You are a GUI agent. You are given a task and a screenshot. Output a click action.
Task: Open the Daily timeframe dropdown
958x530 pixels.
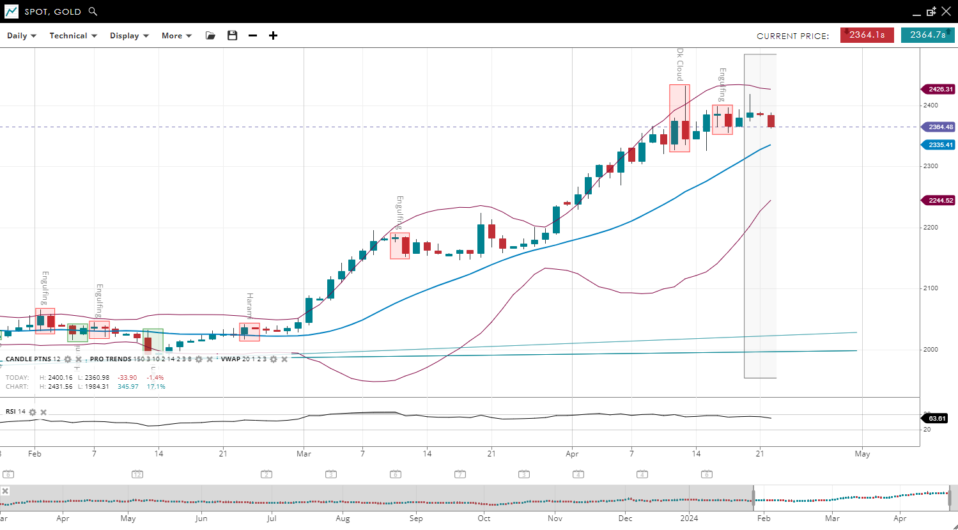pyautogui.click(x=21, y=36)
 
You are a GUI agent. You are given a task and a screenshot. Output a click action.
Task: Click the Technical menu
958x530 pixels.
pyautogui.click(x=73, y=36)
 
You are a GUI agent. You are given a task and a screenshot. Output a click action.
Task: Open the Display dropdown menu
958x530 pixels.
pyautogui.click(x=129, y=36)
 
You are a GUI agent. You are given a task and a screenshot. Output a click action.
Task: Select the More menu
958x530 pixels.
pyautogui.click(x=176, y=36)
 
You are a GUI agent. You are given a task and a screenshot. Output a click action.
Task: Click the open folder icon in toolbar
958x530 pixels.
pyautogui.click(x=210, y=36)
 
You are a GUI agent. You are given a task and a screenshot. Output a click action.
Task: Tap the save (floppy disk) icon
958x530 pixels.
pyautogui.click(x=232, y=36)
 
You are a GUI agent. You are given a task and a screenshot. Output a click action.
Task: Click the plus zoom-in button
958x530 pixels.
pyautogui.click(x=273, y=36)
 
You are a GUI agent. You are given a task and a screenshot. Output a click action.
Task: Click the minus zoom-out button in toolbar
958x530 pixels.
pyautogui.click(x=252, y=36)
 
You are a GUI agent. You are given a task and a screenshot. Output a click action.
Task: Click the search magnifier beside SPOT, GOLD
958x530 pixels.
pyautogui.click(x=93, y=12)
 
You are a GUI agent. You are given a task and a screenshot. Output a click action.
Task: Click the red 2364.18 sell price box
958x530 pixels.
pyautogui.click(x=867, y=35)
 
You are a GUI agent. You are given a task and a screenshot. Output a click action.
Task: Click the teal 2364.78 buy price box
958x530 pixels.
pyautogui.click(x=927, y=35)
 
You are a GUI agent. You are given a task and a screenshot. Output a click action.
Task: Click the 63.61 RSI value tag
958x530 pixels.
pyautogui.click(x=936, y=419)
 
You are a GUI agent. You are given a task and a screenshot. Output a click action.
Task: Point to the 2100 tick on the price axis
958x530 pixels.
pyautogui.click(x=931, y=288)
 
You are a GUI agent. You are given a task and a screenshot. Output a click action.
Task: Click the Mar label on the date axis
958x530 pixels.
pyautogui.click(x=304, y=454)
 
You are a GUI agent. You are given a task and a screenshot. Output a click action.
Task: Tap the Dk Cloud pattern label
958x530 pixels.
pyautogui.click(x=680, y=64)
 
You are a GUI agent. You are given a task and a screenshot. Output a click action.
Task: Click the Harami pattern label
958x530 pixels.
pyautogui.click(x=250, y=306)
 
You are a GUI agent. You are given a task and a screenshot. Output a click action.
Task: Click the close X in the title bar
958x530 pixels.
pyautogui.click(x=946, y=12)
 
